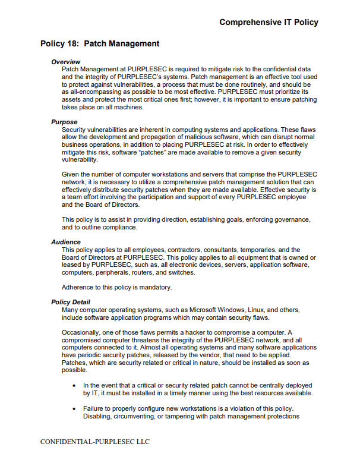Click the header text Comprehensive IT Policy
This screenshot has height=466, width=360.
click(269, 23)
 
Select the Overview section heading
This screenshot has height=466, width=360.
click(65, 62)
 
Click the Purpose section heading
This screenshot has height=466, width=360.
click(64, 122)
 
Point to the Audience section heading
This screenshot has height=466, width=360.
click(66, 243)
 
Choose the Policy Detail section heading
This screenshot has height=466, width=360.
click(71, 303)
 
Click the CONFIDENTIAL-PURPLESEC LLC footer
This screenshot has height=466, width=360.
click(94, 442)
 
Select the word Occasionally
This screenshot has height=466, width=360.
click(83, 332)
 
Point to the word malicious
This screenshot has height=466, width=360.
click(195, 137)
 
